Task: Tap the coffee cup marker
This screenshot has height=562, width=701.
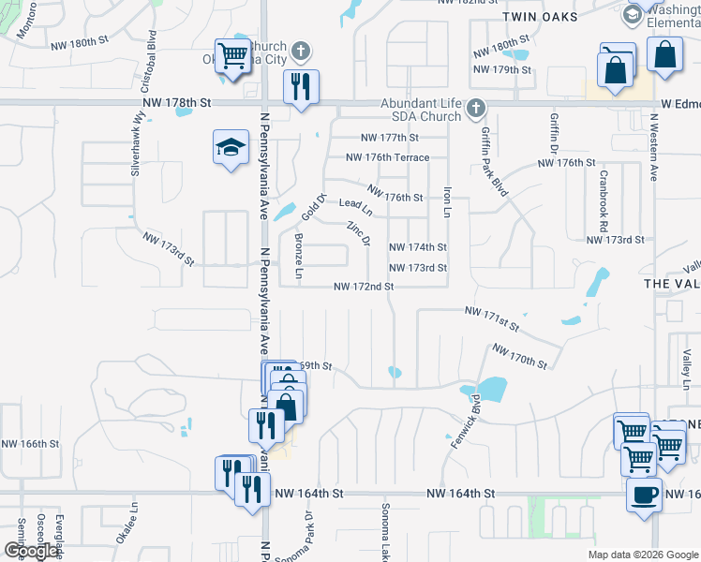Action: tap(644, 495)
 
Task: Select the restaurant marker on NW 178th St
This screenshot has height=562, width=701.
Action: tap(301, 87)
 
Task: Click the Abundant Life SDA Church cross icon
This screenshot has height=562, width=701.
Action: tap(476, 106)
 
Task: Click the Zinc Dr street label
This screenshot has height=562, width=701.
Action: tap(359, 234)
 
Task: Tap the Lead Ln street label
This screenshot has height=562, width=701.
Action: tap(355, 203)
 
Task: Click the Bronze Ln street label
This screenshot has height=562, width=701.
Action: tap(299, 256)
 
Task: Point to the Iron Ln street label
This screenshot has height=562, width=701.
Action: tap(447, 200)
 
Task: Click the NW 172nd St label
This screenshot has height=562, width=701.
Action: tap(363, 286)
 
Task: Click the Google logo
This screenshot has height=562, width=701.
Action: tap(31, 550)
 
